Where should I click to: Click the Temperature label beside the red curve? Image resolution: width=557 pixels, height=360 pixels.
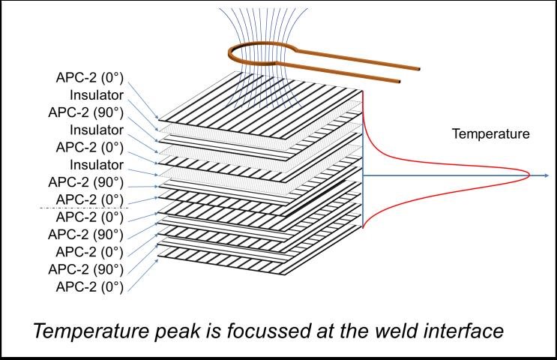pos(490,134)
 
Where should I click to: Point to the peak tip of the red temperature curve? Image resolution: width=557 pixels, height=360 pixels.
pos(529,175)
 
